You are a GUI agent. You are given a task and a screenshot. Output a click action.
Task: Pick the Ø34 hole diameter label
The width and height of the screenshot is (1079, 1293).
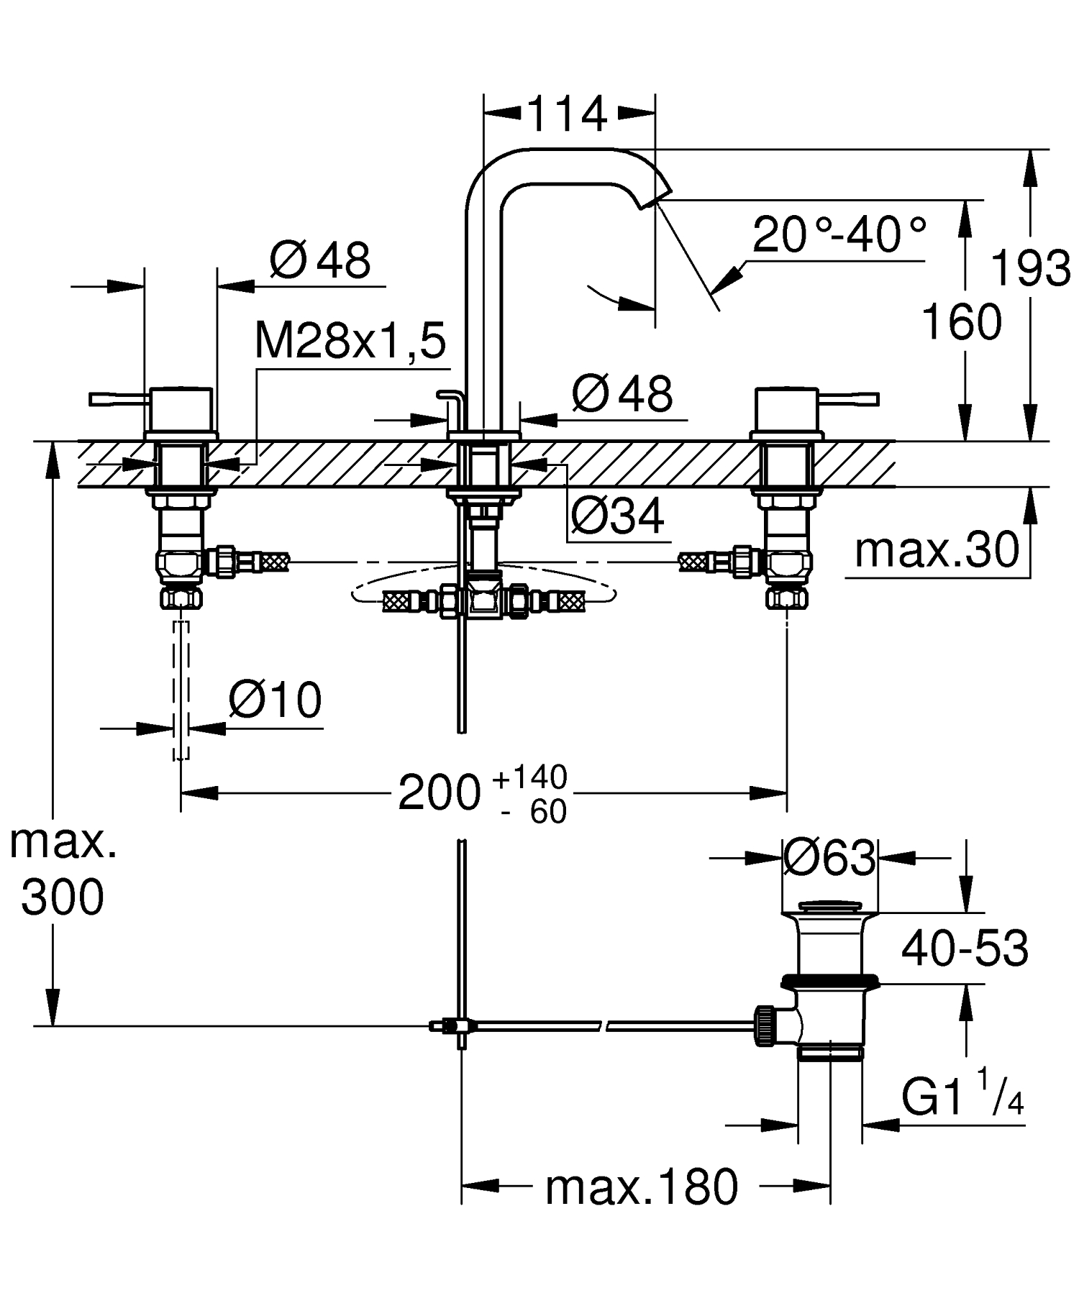(x=618, y=515)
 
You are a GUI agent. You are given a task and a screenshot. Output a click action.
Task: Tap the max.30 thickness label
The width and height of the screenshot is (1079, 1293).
(x=937, y=551)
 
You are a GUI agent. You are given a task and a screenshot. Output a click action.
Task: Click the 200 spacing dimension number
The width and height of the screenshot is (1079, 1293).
(x=439, y=793)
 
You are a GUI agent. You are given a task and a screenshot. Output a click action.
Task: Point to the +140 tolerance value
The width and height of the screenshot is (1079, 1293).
(x=531, y=777)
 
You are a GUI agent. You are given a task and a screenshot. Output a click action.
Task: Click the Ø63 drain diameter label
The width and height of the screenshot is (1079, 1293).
(x=829, y=856)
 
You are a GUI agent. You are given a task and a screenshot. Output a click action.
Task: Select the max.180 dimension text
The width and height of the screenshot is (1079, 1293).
(x=642, y=1187)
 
